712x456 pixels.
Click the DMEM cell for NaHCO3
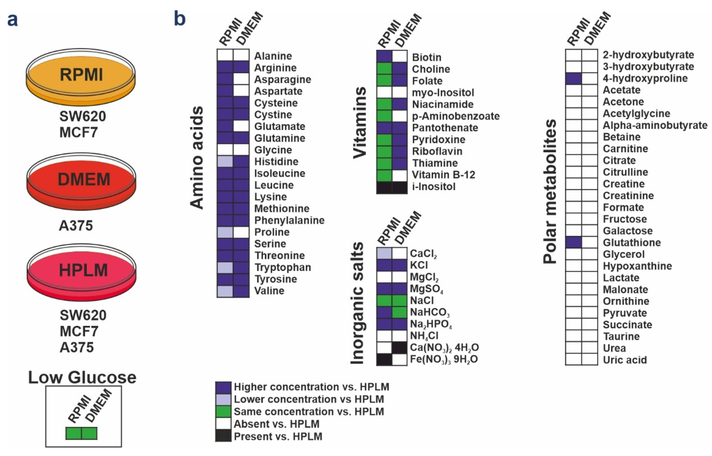(x=400, y=312)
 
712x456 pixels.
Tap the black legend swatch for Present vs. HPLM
(x=223, y=436)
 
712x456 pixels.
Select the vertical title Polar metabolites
(x=550, y=191)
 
